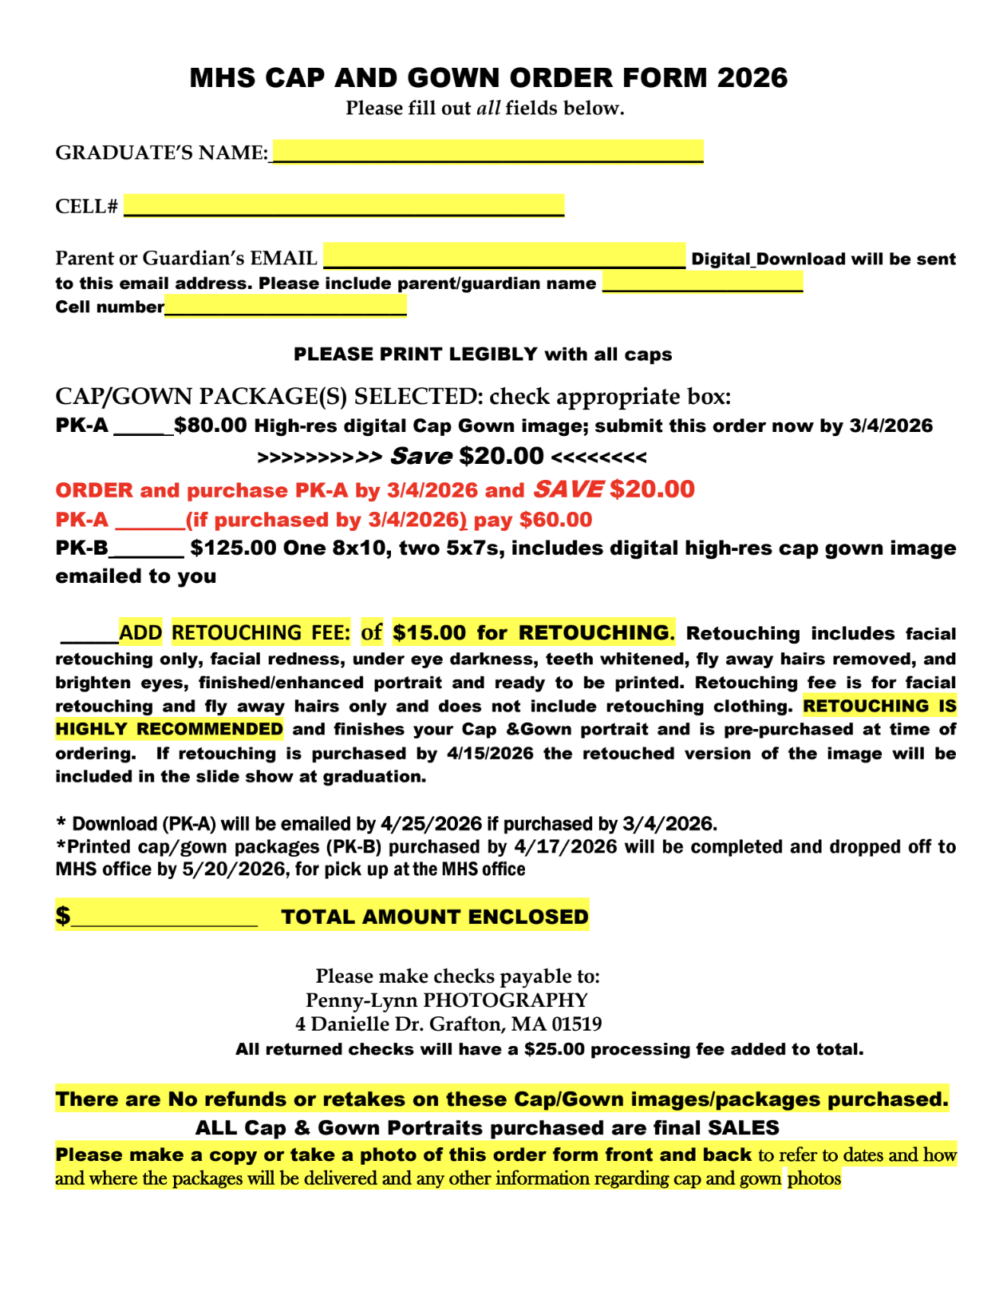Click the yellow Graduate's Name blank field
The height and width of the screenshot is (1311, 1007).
[487, 151]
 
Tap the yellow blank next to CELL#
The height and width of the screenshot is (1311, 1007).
[344, 205]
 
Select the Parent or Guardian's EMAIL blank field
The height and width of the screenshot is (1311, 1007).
[504, 255]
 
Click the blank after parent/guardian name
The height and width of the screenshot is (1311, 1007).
[702, 283]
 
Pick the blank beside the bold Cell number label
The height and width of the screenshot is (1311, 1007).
[286, 306]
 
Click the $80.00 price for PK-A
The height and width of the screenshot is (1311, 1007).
[211, 425]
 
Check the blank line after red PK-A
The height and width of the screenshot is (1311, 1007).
[150, 521]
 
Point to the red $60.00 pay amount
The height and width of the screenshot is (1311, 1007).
[555, 520]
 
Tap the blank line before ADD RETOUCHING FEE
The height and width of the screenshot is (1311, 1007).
[89, 635]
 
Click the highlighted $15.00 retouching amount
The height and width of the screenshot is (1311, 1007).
[429, 632]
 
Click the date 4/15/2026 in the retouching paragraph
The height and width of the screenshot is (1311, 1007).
[490, 753]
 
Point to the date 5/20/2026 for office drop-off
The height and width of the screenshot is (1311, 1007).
[235, 869]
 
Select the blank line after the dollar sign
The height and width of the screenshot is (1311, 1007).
[164, 918]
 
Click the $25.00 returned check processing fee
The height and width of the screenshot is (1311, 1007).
[554, 1049]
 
